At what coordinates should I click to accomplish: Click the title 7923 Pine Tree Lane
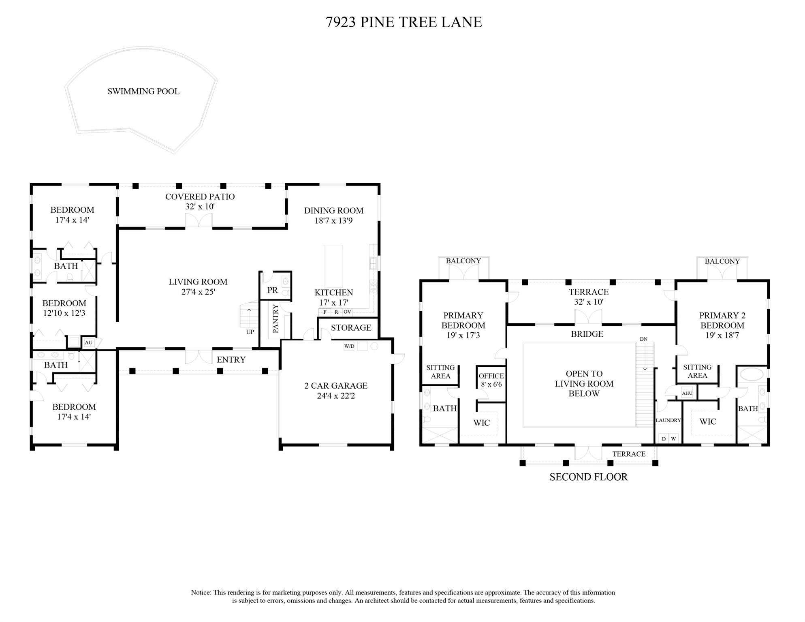[x=404, y=22]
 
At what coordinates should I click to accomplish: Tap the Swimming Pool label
[x=143, y=92]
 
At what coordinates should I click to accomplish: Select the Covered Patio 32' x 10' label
[x=200, y=201]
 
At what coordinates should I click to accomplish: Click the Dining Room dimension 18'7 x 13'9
[x=333, y=221]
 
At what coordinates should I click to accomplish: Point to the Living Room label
[x=198, y=282]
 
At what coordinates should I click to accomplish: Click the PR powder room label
[x=272, y=290]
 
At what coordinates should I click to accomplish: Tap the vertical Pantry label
[x=276, y=319]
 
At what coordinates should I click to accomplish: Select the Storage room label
[x=351, y=327]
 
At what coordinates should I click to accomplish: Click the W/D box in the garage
[x=349, y=346]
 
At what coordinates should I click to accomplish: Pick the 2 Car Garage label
[x=335, y=386]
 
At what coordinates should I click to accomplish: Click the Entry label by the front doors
[x=231, y=360]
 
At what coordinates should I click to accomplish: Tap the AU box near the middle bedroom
[x=88, y=342]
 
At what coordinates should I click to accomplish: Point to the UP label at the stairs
[x=250, y=332]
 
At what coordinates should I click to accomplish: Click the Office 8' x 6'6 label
[x=491, y=380]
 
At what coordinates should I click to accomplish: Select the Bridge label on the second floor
[x=587, y=334]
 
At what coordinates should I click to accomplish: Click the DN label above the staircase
[x=643, y=339]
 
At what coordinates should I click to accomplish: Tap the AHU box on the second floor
[x=687, y=393]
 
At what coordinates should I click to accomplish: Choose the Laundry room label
[x=668, y=420]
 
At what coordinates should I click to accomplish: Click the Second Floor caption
[x=588, y=477]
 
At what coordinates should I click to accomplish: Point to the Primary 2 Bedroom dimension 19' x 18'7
[x=722, y=336]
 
